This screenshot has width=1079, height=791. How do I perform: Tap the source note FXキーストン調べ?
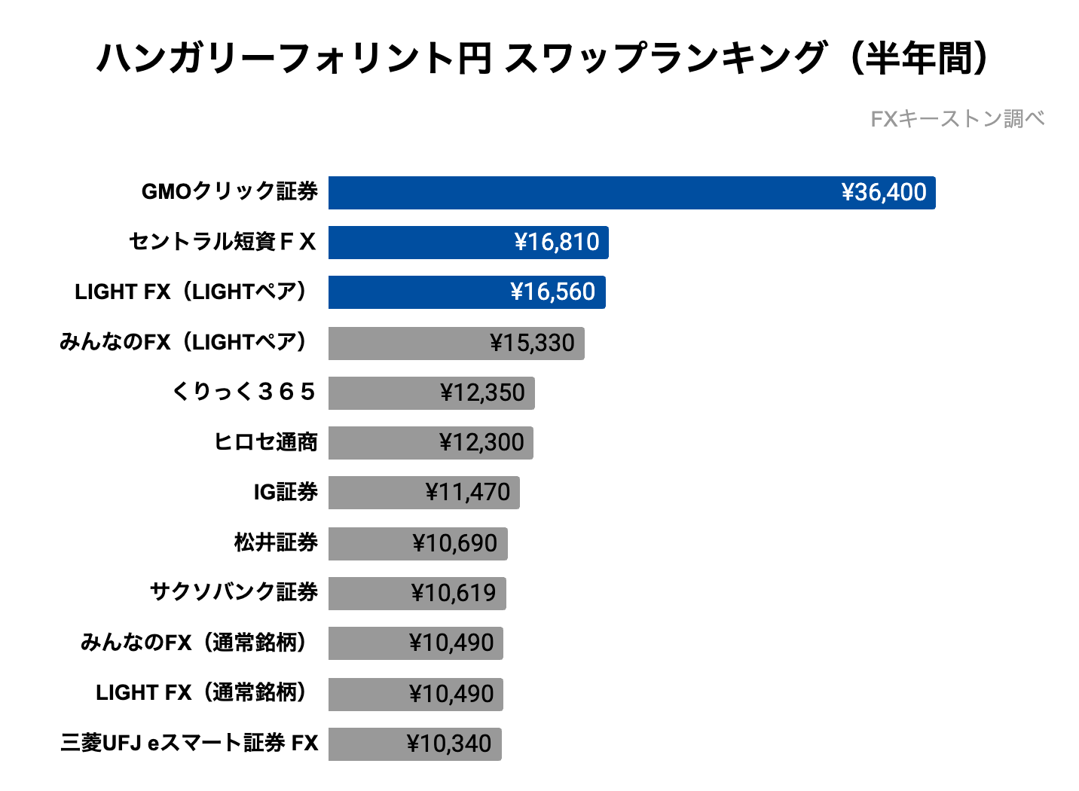click(x=957, y=119)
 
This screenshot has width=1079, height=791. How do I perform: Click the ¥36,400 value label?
click(x=884, y=193)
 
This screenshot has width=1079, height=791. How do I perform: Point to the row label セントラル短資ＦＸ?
click(x=222, y=242)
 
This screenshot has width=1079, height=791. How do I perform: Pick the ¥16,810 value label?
click(x=557, y=243)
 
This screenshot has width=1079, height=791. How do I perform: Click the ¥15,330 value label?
click(x=532, y=343)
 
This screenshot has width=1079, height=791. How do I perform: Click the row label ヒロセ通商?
click(x=265, y=442)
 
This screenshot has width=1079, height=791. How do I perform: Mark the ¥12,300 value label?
click(x=481, y=443)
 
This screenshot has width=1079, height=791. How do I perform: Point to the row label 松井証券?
click(x=276, y=542)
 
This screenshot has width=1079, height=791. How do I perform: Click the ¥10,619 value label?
click(x=454, y=594)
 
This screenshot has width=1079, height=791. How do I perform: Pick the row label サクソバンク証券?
click(x=234, y=592)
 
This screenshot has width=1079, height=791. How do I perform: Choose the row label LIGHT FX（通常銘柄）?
click(x=203, y=692)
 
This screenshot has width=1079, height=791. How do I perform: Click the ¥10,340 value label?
click(x=449, y=744)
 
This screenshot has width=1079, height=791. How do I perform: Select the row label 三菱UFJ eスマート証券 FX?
click(x=189, y=743)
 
